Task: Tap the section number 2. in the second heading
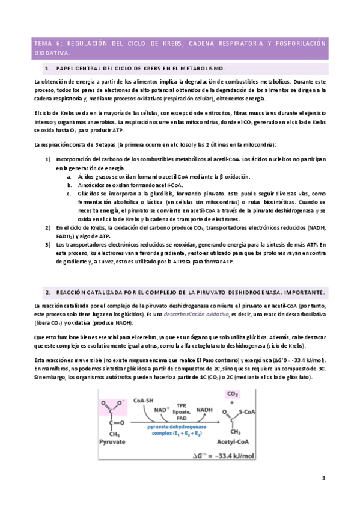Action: tap(48, 292)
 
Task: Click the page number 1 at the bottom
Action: tap(323, 478)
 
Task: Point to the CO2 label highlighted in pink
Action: tap(232, 395)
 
